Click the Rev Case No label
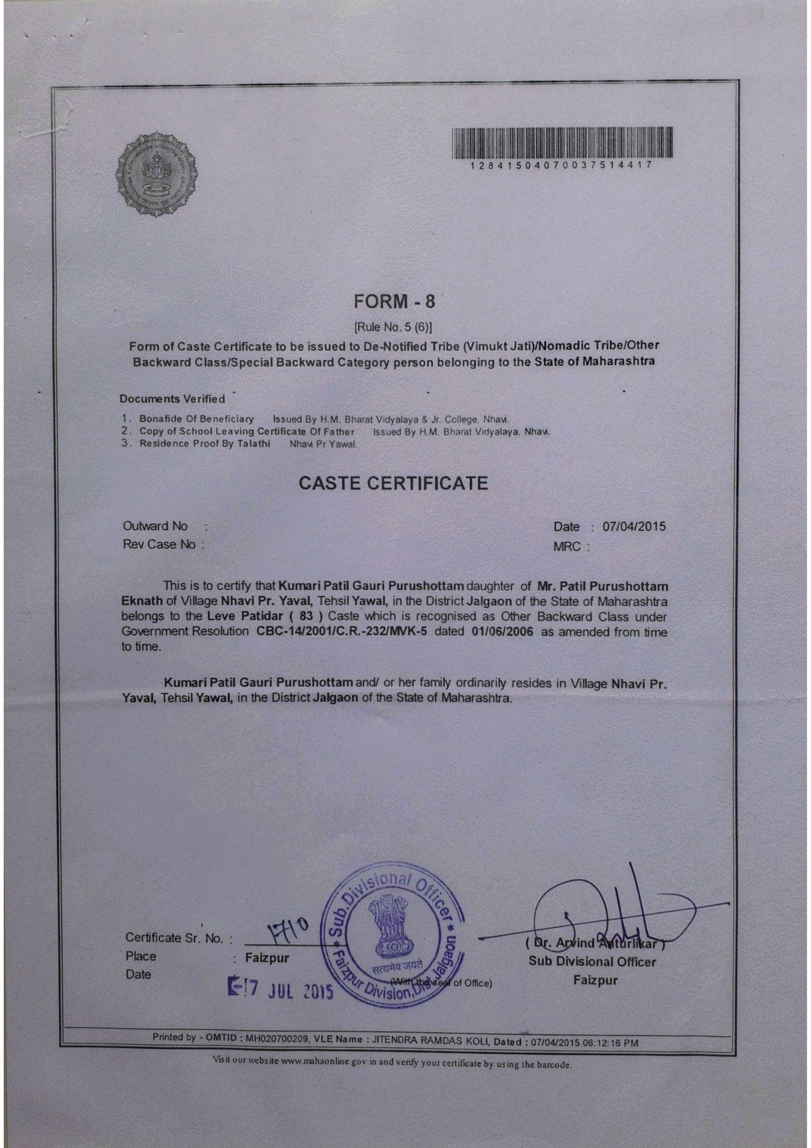click(x=159, y=544)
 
